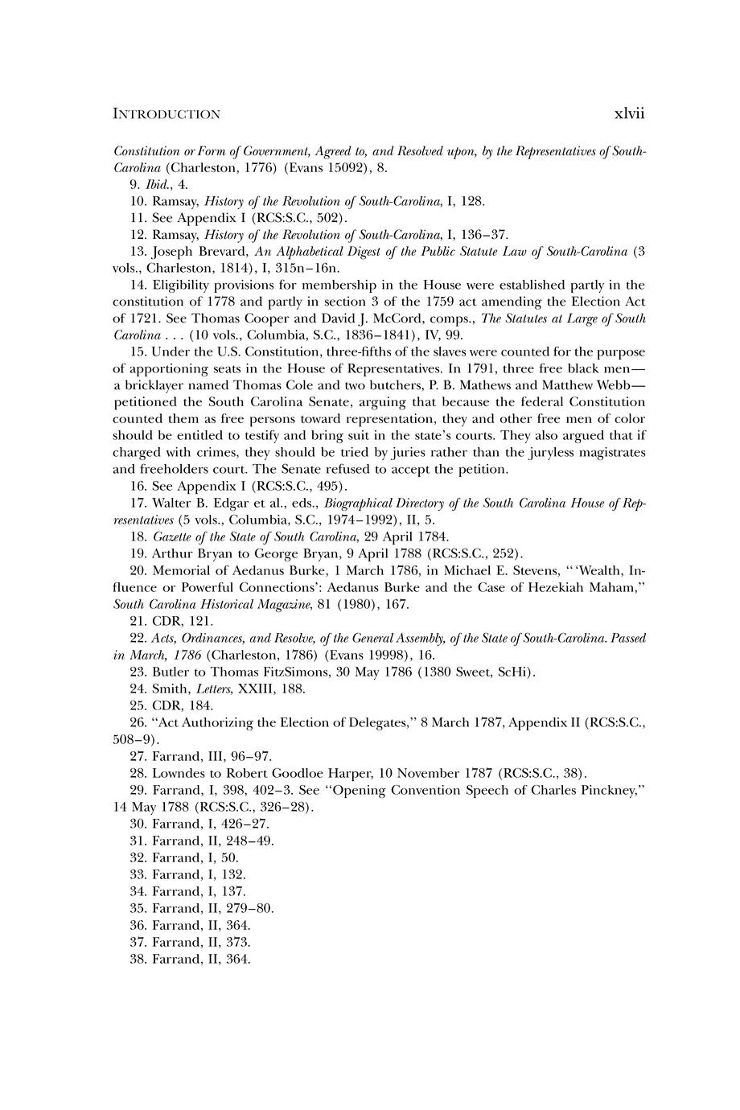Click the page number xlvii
(629, 113)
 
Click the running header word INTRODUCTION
(166, 114)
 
